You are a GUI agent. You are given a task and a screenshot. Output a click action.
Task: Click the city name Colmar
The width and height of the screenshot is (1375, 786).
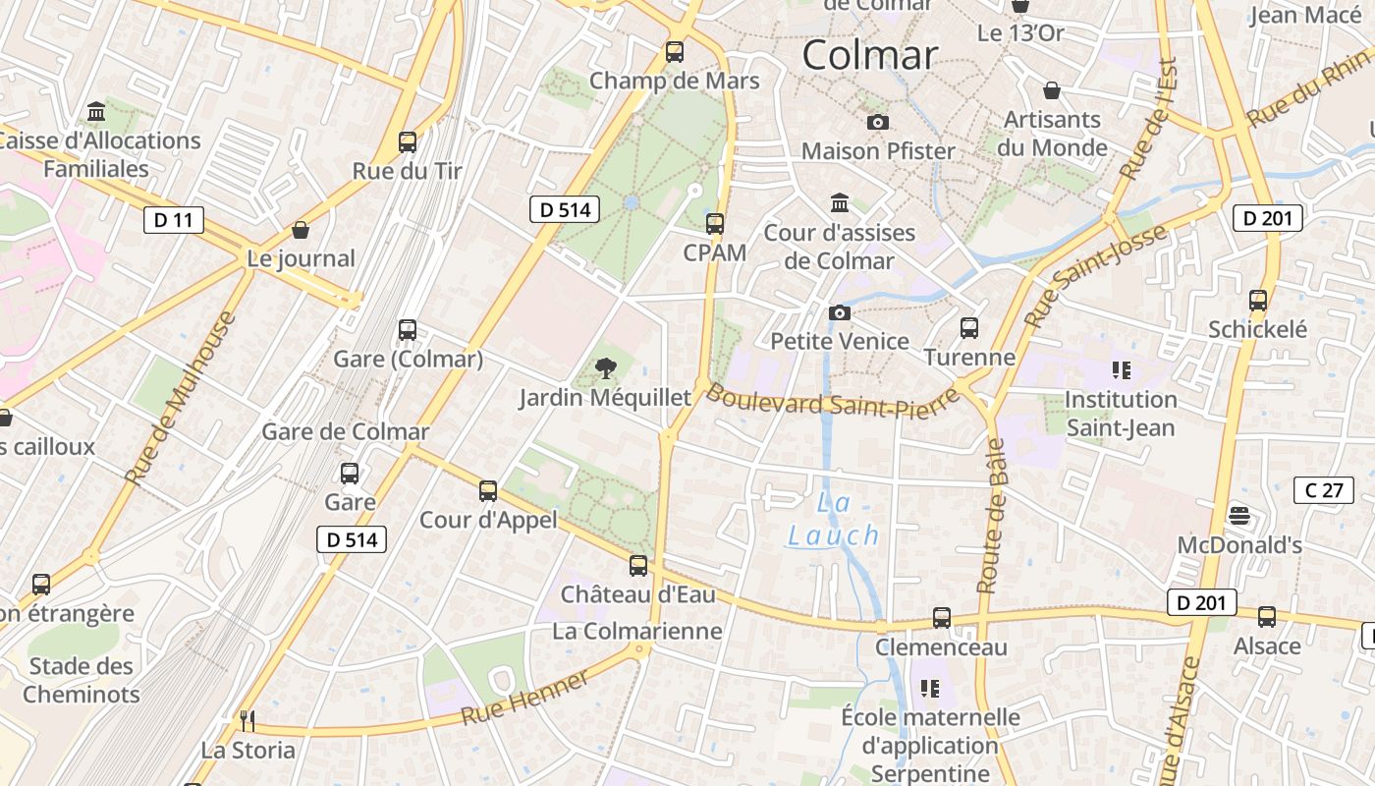pyautogui.click(x=870, y=55)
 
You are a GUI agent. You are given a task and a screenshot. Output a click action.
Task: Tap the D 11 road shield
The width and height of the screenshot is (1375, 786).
pyautogui.click(x=174, y=219)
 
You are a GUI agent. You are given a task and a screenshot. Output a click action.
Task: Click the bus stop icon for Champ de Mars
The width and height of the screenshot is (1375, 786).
pyautogui.click(x=675, y=52)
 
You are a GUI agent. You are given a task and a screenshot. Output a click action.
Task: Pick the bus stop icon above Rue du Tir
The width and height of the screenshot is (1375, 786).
pyautogui.click(x=408, y=142)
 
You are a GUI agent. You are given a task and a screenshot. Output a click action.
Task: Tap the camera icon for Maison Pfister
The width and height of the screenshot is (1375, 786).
pyautogui.click(x=878, y=123)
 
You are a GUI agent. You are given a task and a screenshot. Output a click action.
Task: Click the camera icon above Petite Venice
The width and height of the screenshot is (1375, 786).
pyautogui.click(x=840, y=313)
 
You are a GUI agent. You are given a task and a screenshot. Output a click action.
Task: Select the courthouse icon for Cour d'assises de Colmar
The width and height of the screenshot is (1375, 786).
pyautogui.click(x=840, y=203)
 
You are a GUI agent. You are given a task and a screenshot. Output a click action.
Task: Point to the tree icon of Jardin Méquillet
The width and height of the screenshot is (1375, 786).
pyautogui.click(x=606, y=369)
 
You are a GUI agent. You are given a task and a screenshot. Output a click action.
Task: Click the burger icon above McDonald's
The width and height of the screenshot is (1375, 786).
pyautogui.click(x=1239, y=516)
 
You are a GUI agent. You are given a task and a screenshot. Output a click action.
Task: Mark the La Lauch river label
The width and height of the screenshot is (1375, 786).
pyautogui.click(x=834, y=520)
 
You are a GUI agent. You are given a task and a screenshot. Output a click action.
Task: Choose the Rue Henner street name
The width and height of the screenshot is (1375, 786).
pyautogui.click(x=525, y=697)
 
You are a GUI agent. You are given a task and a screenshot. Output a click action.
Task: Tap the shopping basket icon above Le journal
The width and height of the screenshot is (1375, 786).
pyautogui.click(x=301, y=231)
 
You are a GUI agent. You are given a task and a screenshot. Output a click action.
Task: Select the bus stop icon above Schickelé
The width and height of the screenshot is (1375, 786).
pyautogui.click(x=1258, y=301)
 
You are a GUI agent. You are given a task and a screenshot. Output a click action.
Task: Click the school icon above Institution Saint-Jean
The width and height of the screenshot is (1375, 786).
pyautogui.click(x=1121, y=370)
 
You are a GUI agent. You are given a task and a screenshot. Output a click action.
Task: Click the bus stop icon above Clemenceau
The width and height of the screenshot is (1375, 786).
pyautogui.click(x=942, y=618)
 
